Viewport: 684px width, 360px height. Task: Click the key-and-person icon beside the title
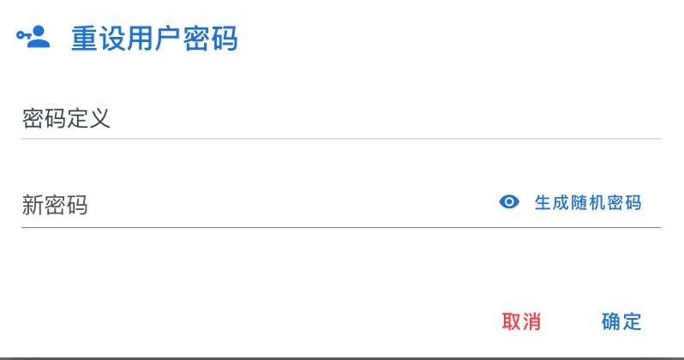click(33, 37)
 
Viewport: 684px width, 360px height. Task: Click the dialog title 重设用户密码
click(154, 39)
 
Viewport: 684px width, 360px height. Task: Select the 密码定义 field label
click(66, 118)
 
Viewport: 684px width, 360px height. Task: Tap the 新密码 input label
click(55, 205)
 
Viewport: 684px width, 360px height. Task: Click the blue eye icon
click(509, 202)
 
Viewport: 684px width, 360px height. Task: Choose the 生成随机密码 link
click(588, 203)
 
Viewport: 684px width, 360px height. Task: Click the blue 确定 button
click(621, 321)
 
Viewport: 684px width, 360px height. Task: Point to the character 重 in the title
click(84, 39)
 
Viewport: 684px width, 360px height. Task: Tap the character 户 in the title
click(168, 39)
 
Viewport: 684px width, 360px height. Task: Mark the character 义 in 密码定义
click(99, 118)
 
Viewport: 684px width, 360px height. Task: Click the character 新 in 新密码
click(33, 205)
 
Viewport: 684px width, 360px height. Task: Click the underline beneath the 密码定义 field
click(341, 139)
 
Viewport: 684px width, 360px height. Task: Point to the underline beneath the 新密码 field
click(341, 227)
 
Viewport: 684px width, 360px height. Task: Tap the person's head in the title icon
click(39, 32)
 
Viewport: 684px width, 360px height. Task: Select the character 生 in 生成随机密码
click(543, 203)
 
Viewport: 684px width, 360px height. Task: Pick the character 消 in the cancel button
click(531, 321)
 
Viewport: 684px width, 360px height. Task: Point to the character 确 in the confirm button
click(611, 321)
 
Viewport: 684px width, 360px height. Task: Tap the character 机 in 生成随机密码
click(597, 203)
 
